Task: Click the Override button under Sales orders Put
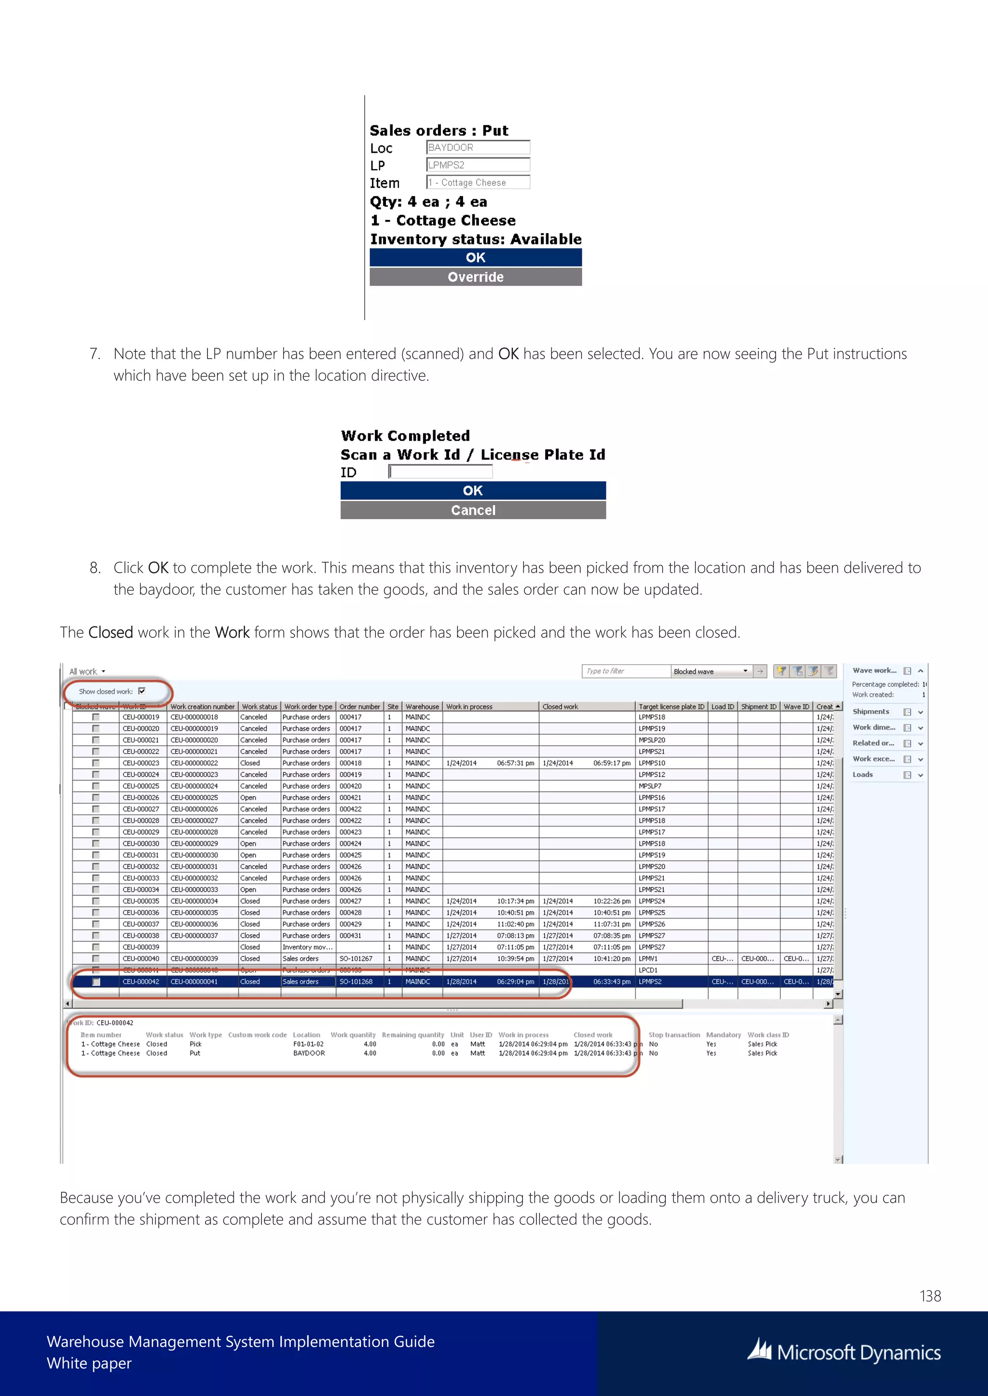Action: click(475, 277)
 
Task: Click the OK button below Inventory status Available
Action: click(475, 257)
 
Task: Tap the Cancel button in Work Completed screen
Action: click(473, 510)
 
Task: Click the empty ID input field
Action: click(440, 472)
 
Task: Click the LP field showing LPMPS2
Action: click(478, 165)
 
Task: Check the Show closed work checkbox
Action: click(142, 691)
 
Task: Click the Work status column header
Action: click(259, 707)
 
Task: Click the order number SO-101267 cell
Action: click(356, 958)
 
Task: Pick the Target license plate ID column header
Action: click(671, 707)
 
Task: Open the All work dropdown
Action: click(87, 671)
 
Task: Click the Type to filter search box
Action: click(625, 671)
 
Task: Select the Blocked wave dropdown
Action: click(711, 671)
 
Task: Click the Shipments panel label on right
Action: click(871, 711)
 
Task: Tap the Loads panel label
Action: click(863, 775)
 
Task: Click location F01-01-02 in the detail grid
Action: click(308, 1044)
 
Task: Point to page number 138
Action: click(930, 1296)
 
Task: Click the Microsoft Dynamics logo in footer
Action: click(844, 1352)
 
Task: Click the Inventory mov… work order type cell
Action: click(307, 947)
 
